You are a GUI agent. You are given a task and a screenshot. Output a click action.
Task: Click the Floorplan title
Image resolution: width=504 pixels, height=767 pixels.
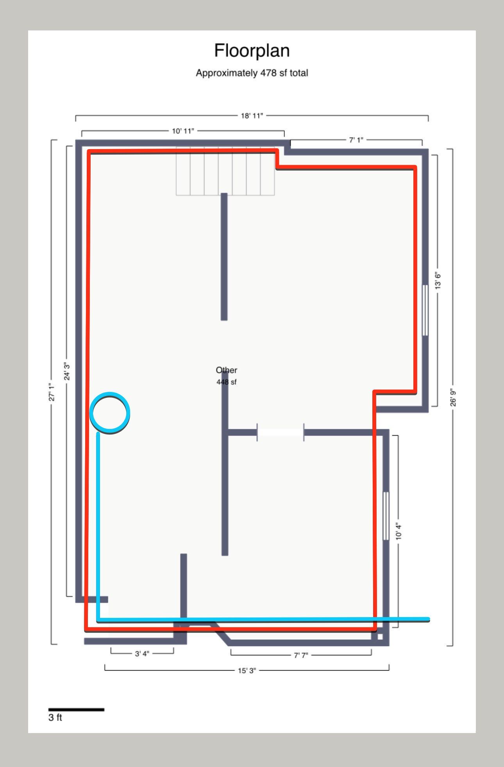pyautogui.click(x=252, y=51)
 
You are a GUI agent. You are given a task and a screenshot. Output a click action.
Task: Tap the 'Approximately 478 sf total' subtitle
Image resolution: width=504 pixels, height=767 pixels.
pyautogui.click(x=252, y=73)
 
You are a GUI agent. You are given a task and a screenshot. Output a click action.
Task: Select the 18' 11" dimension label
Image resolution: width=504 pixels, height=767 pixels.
pyautogui.click(x=252, y=116)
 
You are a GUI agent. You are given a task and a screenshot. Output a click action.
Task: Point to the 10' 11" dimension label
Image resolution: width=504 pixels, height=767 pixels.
pyautogui.click(x=183, y=131)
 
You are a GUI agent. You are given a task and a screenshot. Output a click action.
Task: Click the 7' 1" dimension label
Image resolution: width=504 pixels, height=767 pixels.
pyautogui.click(x=356, y=140)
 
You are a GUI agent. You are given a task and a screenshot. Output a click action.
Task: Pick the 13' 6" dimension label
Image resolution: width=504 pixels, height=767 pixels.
pyautogui.click(x=438, y=281)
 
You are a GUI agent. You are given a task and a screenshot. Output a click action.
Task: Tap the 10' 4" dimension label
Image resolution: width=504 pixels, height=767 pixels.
pyautogui.click(x=399, y=531)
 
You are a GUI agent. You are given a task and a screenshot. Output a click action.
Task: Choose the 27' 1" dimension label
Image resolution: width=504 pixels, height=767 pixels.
pyautogui.click(x=52, y=392)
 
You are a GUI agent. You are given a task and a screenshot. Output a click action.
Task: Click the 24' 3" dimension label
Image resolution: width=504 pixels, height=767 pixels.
pyautogui.click(x=67, y=371)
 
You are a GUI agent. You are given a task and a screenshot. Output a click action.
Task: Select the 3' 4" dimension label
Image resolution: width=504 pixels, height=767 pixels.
pyautogui.click(x=142, y=653)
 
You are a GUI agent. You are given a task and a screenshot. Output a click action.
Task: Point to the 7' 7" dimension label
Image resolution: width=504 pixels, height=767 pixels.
pyautogui.click(x=301, y=655)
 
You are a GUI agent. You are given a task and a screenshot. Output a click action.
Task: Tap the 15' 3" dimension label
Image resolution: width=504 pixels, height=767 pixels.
pyautogui.click(x=247, y=671)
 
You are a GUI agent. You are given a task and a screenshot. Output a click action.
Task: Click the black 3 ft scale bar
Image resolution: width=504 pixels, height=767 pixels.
pyautogui.click(x=76, y=709)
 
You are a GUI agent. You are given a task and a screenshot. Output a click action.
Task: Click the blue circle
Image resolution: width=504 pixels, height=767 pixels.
pyautogui.click(x=110, y=413)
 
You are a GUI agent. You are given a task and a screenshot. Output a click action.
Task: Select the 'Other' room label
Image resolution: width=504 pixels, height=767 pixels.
pyautogui.click(x=227, y=370)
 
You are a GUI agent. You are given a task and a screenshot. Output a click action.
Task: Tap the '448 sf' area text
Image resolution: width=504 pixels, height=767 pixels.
pyautogui.click(x=227, y=382)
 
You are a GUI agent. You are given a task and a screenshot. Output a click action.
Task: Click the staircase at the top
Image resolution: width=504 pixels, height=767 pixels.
pyautogui.click(x=225, y=171)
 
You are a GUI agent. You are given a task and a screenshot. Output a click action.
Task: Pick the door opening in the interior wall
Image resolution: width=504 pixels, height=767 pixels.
pyautogui.click(x=281, y=432)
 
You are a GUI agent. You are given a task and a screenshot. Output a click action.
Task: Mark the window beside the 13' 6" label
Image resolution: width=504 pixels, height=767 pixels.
pyautogui.click(x=425, y=310)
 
